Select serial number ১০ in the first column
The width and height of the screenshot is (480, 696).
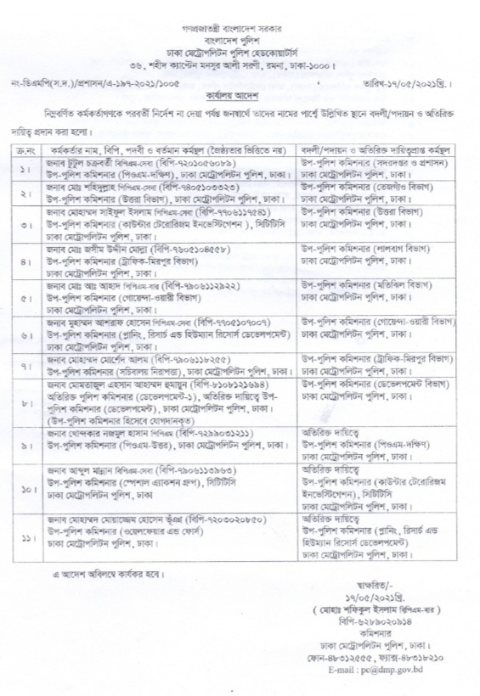(x=27, y=489)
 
